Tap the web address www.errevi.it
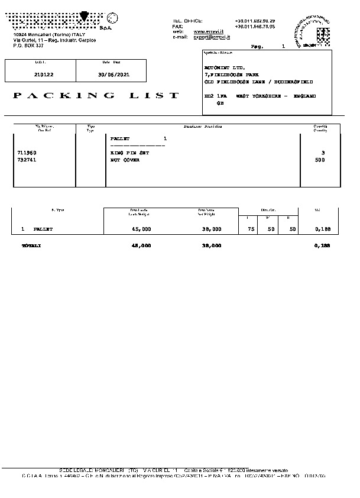[207, 31]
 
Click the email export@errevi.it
[212, 37]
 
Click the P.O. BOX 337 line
[28, 45]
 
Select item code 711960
[27, 153]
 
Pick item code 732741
[27, 160]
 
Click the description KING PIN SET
[130, 153]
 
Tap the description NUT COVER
[125, 160]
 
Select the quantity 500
[320, 160]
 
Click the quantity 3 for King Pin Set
[323, 153]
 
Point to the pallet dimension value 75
[251, 228]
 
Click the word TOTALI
[31, 245]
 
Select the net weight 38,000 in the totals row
[212, 245]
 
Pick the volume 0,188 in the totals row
[322, 245]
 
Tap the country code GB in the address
[220, 103]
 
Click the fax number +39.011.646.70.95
[255, 27]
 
